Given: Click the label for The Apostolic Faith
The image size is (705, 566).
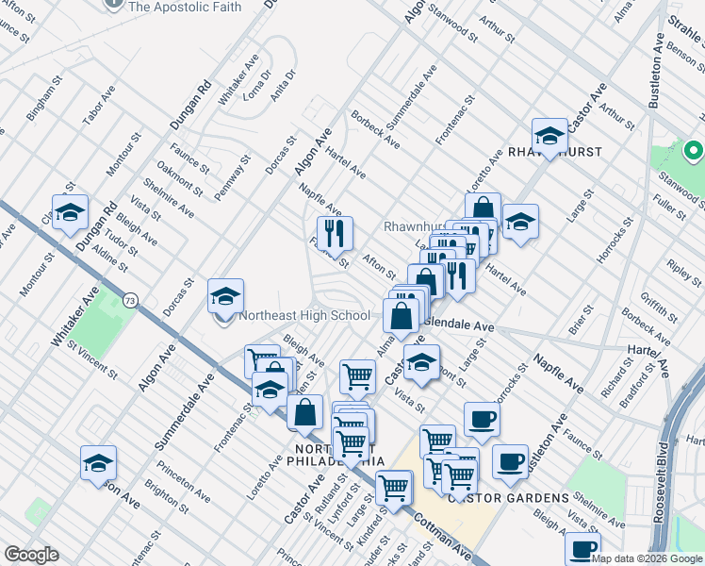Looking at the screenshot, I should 184,7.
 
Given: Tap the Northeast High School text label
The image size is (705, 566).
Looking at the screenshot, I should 304,316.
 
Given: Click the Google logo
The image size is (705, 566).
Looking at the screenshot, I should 31,555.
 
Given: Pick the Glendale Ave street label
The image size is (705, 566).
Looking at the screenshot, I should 459,325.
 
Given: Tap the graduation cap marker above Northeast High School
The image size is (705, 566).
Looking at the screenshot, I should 225,296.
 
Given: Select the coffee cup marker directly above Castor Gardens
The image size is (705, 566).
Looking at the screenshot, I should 482,420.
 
